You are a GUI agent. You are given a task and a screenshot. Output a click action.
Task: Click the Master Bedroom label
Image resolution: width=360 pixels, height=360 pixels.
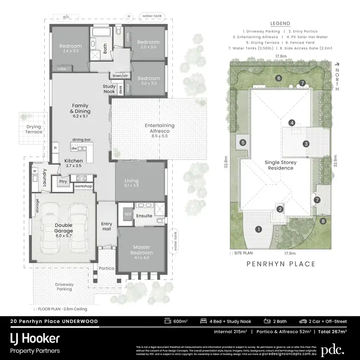coord(143,250)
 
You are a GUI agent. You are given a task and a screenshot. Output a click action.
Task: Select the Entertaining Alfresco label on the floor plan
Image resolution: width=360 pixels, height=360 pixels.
coord(160,128)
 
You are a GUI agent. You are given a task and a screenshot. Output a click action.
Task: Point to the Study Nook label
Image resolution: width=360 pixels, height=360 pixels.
coord(109,89)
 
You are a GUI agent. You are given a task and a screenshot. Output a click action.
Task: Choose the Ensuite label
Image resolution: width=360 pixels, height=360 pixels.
coord(144,216)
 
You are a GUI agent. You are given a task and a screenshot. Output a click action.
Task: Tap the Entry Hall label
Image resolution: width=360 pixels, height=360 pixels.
coord(107,227)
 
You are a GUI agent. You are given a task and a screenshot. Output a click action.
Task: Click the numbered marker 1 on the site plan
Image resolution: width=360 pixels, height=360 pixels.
coord(258,229)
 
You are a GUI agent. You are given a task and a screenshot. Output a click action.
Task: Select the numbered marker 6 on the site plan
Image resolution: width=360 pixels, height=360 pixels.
coord(278,78)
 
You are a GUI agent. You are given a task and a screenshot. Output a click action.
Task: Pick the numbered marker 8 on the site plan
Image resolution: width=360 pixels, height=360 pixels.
coord(323,221)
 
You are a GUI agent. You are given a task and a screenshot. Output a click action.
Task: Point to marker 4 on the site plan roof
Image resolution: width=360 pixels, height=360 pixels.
coord(291,123)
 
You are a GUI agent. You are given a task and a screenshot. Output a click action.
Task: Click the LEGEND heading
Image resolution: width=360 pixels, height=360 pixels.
coord(280,23)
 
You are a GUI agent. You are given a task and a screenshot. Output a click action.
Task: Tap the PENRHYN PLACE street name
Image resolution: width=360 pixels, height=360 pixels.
coord(281,264)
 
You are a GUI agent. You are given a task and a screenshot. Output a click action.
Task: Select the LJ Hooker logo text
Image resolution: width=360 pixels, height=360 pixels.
coord(35,339)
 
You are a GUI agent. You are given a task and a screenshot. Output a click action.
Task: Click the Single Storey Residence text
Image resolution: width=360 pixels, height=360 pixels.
coord(281,166)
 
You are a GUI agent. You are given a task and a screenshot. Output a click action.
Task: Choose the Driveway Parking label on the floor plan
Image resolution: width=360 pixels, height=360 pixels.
coord(64,287)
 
